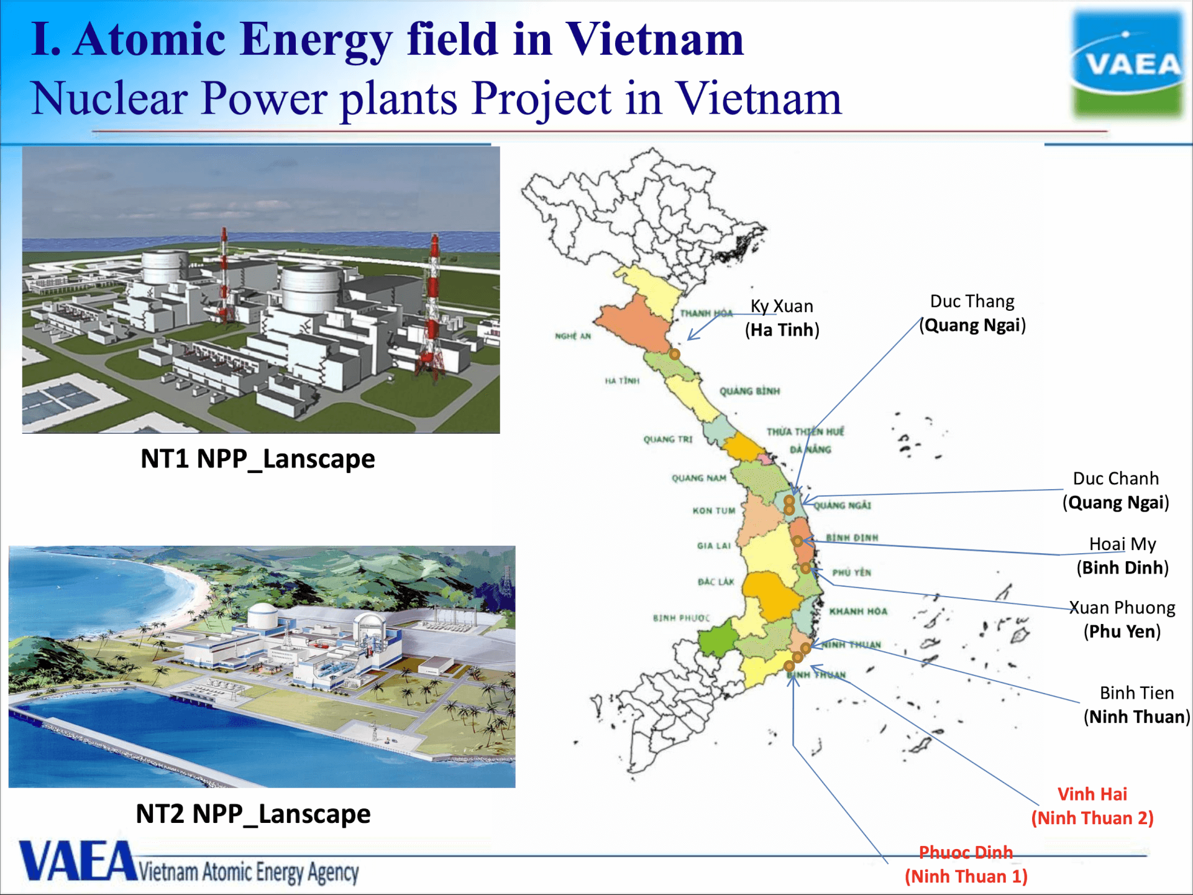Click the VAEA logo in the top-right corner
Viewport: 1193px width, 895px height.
point(1127,64)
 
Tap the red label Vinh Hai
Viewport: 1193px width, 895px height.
point(1092,794)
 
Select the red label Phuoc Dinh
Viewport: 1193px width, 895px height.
point(966,852)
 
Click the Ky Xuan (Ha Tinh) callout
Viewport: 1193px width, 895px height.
point(782,318)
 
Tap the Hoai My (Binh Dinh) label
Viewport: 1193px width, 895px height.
point(1122,556)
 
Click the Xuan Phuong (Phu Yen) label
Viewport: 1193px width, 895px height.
point(1122,619)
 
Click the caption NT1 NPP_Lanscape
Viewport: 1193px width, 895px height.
point(258,459)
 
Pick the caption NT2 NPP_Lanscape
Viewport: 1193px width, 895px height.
point(253,814)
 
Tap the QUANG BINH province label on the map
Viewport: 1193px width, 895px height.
point(749,391)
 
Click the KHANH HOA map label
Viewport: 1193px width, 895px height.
point(858,611)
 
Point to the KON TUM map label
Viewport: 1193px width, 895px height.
point(714,510)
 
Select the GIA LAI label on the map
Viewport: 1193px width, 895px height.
point(714,546)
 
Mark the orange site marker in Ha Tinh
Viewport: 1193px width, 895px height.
point(674,354)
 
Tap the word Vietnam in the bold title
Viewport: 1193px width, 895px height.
point(654,39)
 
